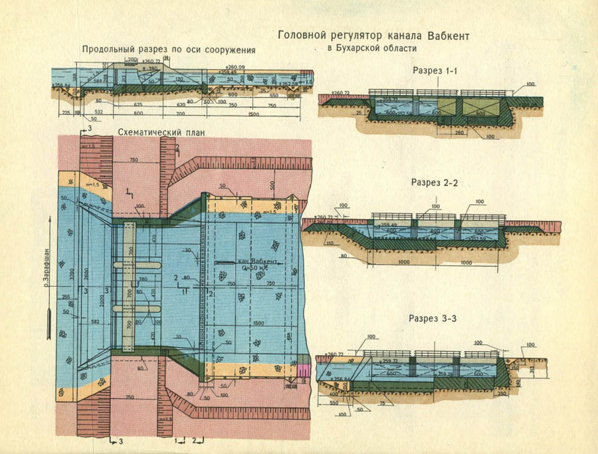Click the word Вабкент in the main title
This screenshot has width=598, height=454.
click(x=445, y=36)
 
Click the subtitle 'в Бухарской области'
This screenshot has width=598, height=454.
click(x=372, y=48)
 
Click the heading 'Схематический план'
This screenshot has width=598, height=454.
click(x=159, y=133)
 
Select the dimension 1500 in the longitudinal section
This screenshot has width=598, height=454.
click(x=253, y=113)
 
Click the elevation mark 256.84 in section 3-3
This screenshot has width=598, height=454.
click(x=327, y=379)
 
